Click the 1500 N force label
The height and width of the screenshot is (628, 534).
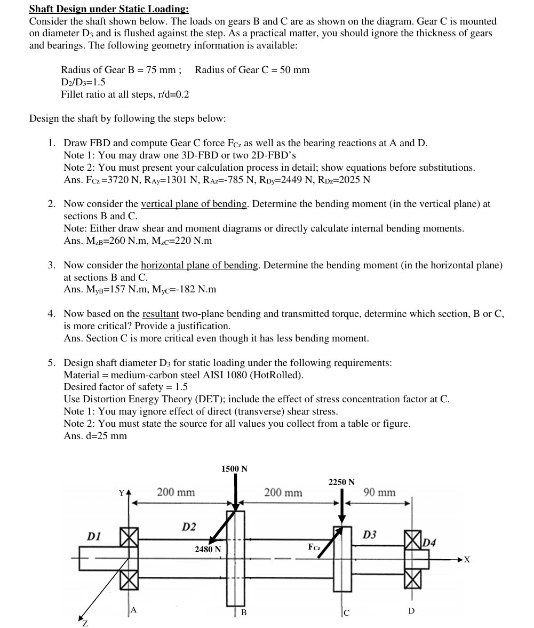click(234, 469)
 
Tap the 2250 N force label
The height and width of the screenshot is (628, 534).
click(341, 482)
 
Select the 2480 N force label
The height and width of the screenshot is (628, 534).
click(208, 549)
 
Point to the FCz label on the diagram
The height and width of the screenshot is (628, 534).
click(314, 547)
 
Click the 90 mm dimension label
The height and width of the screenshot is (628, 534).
click(379, 492)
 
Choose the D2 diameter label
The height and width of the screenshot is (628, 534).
click(189, 527)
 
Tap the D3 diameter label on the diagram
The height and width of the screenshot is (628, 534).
click(370, 535)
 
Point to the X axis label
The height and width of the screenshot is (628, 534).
click(467, 560)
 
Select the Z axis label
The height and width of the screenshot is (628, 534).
click(84, 623)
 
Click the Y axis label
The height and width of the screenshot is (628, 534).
click(122, 492)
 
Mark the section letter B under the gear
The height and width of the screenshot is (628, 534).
click(244, 612)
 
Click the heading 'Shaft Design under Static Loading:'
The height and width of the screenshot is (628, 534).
click(109, 9)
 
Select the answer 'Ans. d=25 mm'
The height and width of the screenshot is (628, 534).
click(95, 436)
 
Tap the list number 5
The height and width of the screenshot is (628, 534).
click(52, 363)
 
